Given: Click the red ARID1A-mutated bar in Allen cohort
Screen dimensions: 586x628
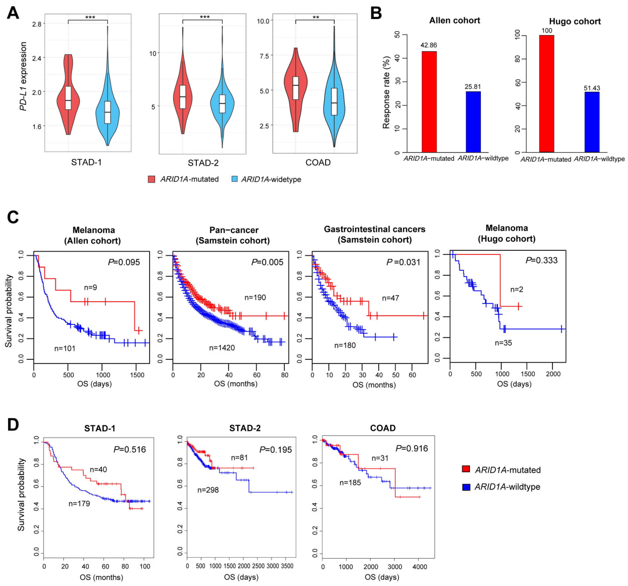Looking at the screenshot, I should coord(429,102).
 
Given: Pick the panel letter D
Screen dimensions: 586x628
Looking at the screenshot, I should coord(13,425).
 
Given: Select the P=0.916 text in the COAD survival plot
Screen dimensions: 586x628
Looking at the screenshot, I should coord(412,448).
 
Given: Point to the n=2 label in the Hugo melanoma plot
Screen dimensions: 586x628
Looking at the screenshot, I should coord(517,290).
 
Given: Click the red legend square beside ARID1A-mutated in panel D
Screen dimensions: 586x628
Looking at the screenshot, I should coord(466,469).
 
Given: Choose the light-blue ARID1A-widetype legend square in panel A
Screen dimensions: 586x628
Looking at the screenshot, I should coord(234,179).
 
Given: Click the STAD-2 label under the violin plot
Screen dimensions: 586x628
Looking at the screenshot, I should coord(203,163).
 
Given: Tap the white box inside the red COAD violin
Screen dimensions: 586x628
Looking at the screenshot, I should coord(295,88).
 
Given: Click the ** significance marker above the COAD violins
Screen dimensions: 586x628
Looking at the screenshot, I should coord(315,17).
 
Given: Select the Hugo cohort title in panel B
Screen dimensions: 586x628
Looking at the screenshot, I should coord(575,21).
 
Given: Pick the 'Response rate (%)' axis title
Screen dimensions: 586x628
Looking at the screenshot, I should coord(386,92).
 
